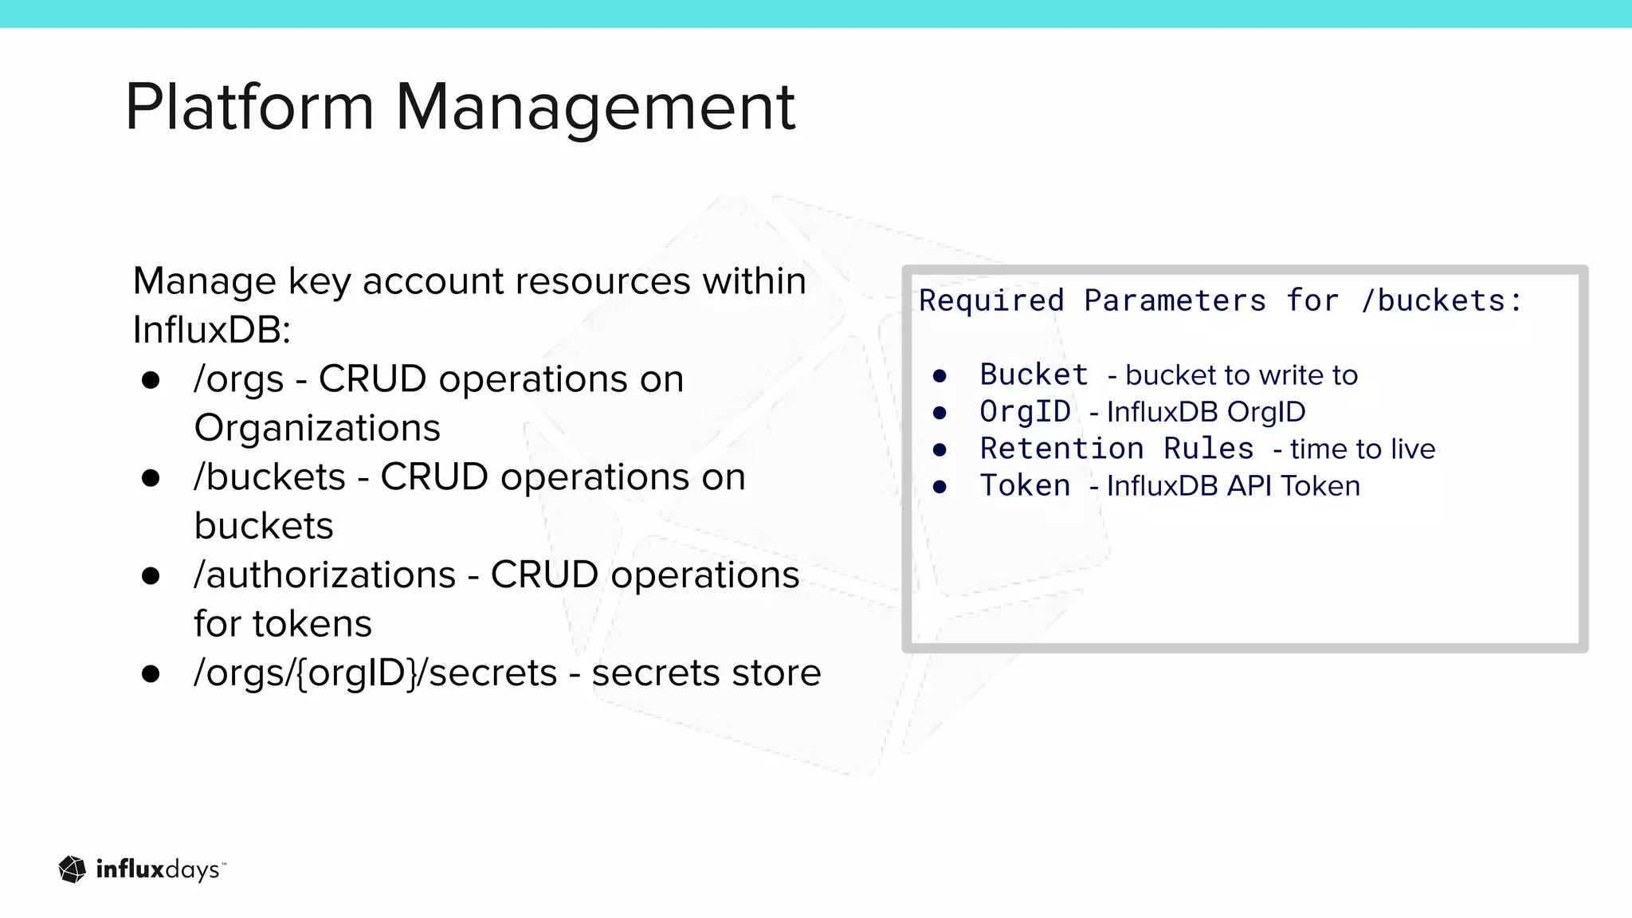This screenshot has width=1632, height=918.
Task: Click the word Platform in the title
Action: point(249,107)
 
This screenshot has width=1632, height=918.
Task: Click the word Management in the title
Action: point(595,107)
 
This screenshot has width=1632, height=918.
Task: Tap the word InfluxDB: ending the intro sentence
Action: point(212,330)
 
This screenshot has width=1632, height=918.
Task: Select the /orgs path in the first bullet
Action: point(238,379)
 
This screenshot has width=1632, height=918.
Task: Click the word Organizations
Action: point(317,428)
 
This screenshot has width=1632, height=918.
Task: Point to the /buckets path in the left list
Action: point(269,477)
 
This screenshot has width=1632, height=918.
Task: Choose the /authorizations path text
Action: point(324,575)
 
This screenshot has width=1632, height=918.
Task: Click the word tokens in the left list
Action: point(312,624)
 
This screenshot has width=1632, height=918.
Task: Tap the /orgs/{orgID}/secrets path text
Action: point(375,673)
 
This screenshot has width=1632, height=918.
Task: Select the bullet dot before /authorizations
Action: point(151,576)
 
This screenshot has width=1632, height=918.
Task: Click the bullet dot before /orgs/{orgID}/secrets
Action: point(151,674)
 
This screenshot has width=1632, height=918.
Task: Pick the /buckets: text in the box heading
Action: point(1442,301)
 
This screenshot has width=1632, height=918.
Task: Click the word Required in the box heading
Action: point(991,301)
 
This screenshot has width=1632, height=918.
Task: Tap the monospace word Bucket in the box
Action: point(1034,375)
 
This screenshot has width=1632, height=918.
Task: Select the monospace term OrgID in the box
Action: point(1025,412)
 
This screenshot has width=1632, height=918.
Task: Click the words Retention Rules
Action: point(1116,449)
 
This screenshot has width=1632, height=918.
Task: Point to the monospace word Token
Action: point(1025,486)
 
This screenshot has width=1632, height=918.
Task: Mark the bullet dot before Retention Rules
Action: point(940,450)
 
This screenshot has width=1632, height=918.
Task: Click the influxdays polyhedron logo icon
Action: point(73,869)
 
